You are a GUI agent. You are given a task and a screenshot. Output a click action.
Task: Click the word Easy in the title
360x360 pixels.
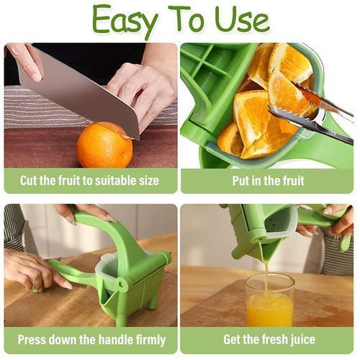[x=125, y=22]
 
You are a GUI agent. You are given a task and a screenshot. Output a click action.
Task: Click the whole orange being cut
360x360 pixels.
[x=104, y=145]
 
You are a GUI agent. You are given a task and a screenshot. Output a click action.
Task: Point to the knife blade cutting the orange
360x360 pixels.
[x=79, y=91]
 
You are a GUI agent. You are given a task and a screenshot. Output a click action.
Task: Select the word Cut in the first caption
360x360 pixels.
[x=28, y=181]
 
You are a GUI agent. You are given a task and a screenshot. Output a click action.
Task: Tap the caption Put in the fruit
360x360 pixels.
[x=268, y=181]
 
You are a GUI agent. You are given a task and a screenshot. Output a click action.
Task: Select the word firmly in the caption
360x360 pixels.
[x=151, y=340]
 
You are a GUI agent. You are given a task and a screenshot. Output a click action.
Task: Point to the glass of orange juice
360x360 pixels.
[x=270, y=300]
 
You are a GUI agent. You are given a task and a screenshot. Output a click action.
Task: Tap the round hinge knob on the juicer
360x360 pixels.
[x=122, y=284]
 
